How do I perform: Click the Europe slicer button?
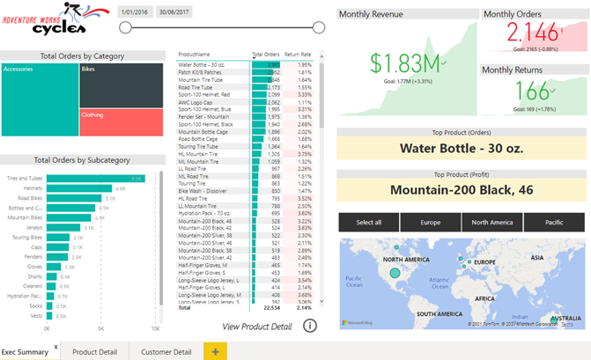431,222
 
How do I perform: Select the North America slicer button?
492,222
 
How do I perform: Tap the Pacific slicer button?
554,222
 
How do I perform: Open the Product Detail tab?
95,352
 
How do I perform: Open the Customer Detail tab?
166,352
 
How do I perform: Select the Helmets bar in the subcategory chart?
79,188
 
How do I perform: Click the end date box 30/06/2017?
174,12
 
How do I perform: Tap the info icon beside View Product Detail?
310,326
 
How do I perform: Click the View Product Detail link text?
257,327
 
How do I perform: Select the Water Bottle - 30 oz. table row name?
203,64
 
